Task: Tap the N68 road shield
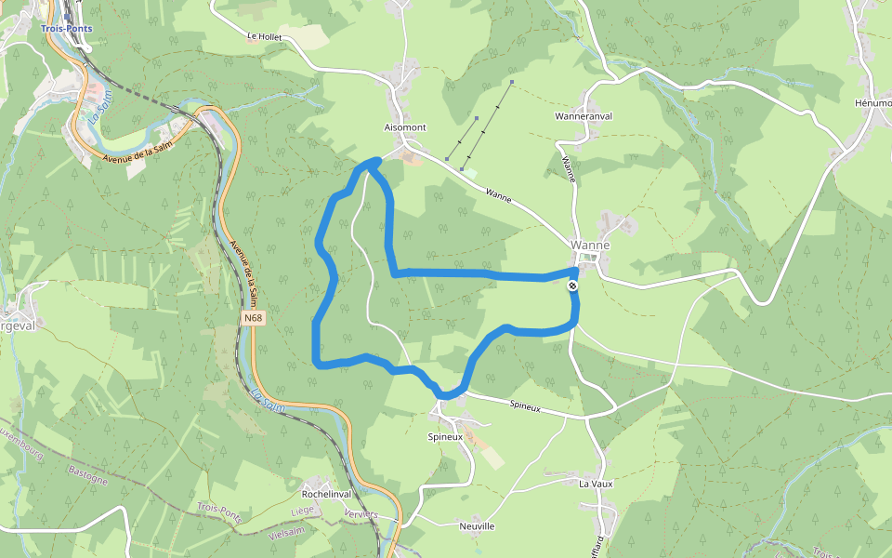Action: [254, 318]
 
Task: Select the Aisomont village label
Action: [405, 126]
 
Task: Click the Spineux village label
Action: [445, 436]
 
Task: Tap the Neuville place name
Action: [477, 526]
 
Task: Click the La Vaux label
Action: [596, 484]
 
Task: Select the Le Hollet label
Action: [264, 37]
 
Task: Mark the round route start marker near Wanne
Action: [573, 286]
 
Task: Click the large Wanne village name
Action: [590, 246]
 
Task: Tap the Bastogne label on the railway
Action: [88, 475]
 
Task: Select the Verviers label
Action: [360, 514]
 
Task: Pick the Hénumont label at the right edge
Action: [872, 102]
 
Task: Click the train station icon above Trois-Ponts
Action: [68, 13]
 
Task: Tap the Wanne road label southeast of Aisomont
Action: [499, 196]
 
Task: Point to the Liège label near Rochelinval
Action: [303, 511]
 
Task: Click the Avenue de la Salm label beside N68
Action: [243, 270]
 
